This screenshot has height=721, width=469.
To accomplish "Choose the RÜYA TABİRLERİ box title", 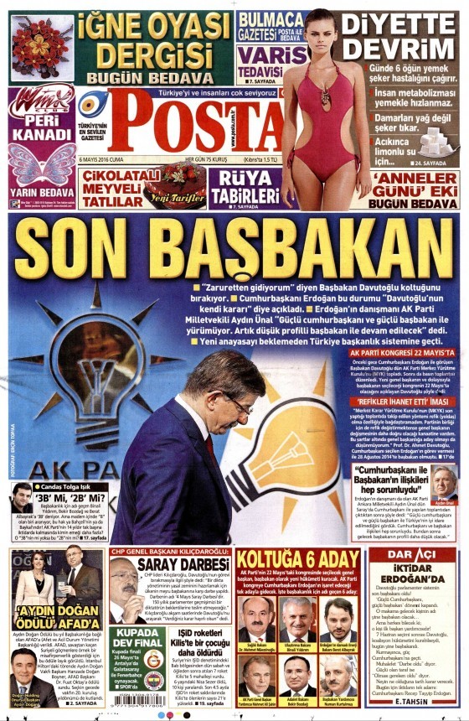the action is pos(245,185).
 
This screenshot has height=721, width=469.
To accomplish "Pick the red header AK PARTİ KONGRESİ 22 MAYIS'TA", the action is pos(401,353).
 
